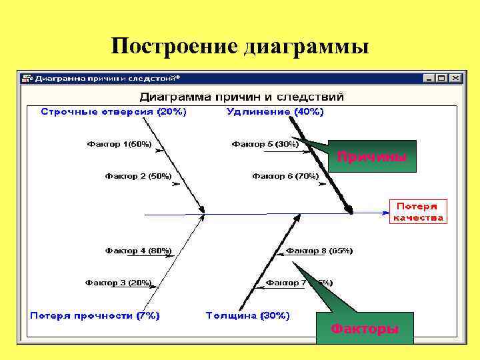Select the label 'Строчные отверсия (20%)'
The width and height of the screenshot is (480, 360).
(x=113, y=111)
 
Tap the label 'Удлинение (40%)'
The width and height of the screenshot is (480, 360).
(x=275, y=111)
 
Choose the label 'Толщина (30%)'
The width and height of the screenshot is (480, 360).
(x=247, y=315)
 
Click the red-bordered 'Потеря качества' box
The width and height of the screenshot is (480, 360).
(x=418, y=211)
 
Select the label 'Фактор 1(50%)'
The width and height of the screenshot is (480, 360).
(x=119, y=144)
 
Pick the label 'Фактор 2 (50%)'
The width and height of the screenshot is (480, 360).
(x=138, y=176)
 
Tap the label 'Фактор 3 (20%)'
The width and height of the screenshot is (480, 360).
(x=118, y=283)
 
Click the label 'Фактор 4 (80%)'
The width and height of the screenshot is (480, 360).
(x=138, y=251)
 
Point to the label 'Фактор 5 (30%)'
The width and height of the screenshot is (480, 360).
(x=265, y=144)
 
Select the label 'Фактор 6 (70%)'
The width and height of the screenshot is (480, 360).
(x=285, y=176)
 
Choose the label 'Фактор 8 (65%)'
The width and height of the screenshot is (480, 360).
(x=319, y=251)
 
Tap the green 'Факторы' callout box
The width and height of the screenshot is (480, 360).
(x=365, y=328)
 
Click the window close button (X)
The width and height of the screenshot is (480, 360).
(x=455, y=78)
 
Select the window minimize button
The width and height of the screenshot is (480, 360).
(x=430, y=78)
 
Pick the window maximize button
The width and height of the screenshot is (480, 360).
(x=442, y=78)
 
